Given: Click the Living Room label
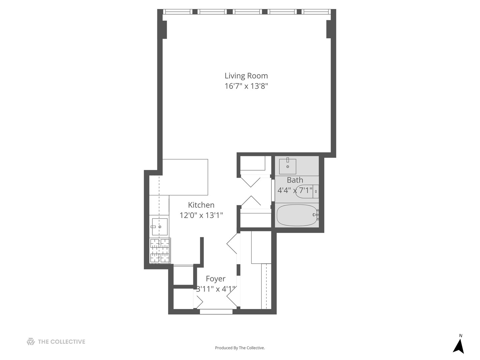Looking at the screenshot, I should pyautogui.click(x=246, y=76).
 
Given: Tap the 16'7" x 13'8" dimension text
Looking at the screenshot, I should pyautogui.click(x=246, y=86).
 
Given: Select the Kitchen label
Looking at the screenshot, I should pyautogui.click(x=201, y=205).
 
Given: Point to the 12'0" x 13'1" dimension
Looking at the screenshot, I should pyautogui.click(x=201, y=215).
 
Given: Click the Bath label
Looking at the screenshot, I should pyautogui.click(x=295, y=180).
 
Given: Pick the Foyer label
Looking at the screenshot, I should pyautogui.click(x=215, y=279).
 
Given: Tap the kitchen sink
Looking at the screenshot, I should pyautogui.click(x=160, y=227).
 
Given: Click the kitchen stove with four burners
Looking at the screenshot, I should pyautogui.click(x=160, y=251).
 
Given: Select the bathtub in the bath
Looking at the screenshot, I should pyautogui.click(x=296, y=215).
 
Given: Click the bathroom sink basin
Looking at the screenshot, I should pyautogui.click(x=287, y=166).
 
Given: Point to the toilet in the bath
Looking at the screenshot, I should pyautogui.click(x=307, y=192).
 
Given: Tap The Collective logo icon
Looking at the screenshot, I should pyautogui.click(x=31, y=342).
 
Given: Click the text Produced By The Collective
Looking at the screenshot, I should pyautogui.click(x=240, y=348).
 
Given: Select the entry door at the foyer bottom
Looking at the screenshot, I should pyautogui.click(x=216, y=312).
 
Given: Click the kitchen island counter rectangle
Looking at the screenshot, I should pyautogui.click(x=185, y=177).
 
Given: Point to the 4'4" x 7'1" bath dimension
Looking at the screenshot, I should pyautogui.click(x=295, y=190).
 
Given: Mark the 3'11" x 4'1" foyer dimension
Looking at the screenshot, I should pyautogui.click(x=216, y=289).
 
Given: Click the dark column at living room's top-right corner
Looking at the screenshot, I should pyautogui.click(x=328, y=29).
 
